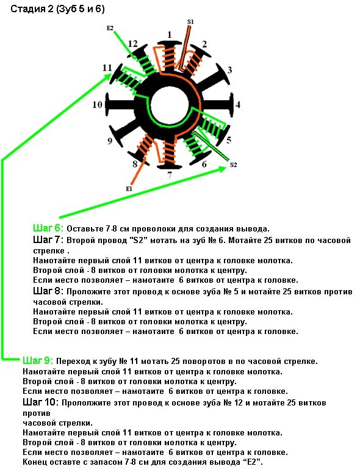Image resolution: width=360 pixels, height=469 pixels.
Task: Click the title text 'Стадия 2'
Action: click(32, 9)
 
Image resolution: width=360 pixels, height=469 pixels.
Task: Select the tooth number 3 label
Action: click(229, 70)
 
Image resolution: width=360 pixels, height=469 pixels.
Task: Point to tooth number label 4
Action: click(238, 104)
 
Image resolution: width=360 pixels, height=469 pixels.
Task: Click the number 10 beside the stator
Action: click(98, 105)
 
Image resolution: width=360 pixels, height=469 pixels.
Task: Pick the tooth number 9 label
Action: click(110, 141)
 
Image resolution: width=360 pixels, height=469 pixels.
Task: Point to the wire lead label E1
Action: click(129, 189)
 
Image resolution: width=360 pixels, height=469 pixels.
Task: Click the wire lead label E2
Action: click(110, 28)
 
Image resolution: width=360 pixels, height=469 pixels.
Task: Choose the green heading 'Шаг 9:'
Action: click(38, 360)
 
